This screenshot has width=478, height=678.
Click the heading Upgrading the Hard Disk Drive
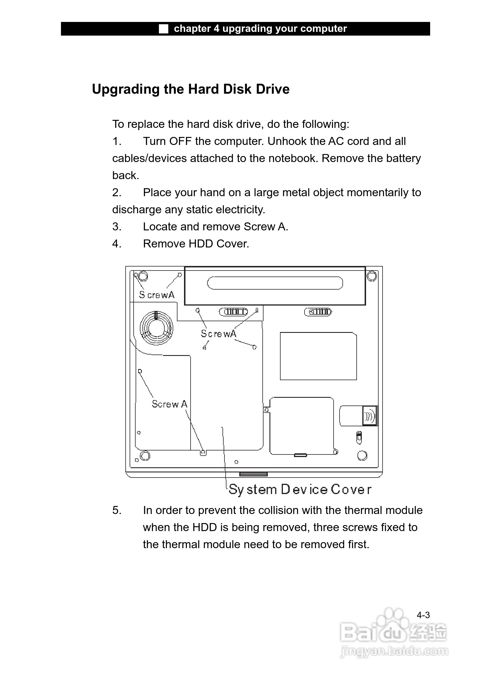coord(191,89)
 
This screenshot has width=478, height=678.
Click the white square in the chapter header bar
coord(164,29)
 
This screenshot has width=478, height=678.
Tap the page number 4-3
coord(423,615)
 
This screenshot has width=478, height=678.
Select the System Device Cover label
coord(300,489)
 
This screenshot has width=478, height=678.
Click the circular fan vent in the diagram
coord(156,328)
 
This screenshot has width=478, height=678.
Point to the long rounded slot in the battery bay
coord(275,283)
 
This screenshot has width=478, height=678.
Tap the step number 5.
coord(117,510)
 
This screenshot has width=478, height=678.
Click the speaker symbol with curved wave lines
coord(369,416)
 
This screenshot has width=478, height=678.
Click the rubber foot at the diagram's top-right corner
coord(372,276)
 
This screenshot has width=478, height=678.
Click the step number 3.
coord(117,227)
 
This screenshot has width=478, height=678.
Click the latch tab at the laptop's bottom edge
coord(253,474)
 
